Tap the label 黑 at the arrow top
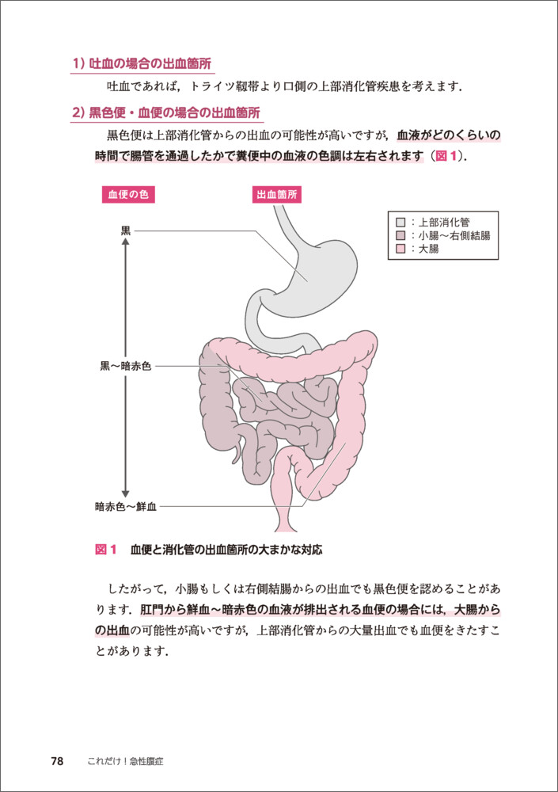click(125, 230)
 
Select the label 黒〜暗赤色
click(125, 367)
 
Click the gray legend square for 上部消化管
click(400, 222)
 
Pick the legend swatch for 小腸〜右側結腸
click(400, 235)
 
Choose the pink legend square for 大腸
click(400, 249)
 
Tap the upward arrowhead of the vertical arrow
click(125, 242)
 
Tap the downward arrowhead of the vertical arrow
click(125, 492)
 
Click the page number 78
click(57, 761)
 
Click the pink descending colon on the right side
click(353, 420)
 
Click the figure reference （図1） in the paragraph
click(447, 156)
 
